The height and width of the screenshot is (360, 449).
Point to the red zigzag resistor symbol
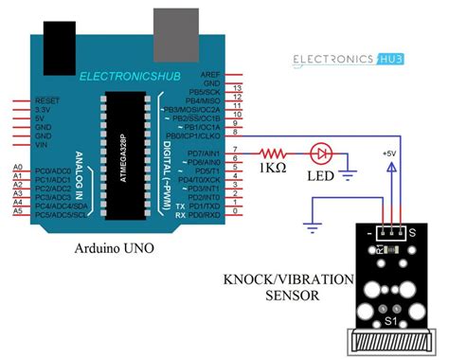click(x=276, y=151)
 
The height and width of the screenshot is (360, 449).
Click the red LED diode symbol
click(x=322, y=151)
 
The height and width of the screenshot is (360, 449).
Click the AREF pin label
click(x=211, y=74)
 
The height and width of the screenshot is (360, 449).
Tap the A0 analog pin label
click(x=17, y=169)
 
